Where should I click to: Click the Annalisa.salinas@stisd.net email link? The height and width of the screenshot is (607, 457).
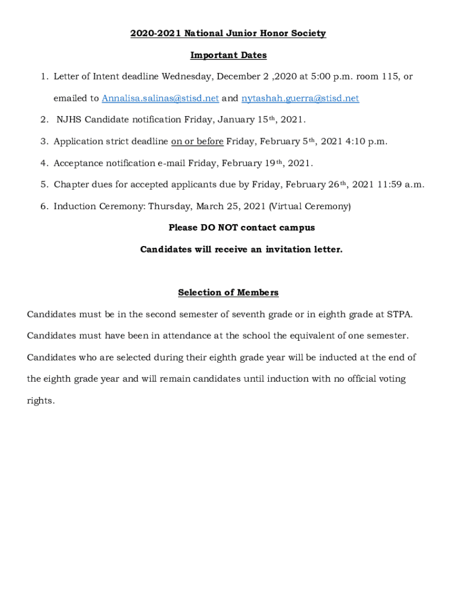pos(160,98)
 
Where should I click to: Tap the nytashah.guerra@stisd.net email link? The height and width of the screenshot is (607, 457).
pos(300,98)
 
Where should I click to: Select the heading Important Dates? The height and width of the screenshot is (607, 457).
pos(228,55)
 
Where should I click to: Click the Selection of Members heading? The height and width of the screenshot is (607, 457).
pos(228,292)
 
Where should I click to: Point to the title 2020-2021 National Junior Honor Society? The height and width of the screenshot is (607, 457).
pos(228,33)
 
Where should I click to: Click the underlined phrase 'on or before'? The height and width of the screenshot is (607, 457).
pos(197,141)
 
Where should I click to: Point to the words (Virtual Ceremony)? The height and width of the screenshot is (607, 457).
pos(310,206)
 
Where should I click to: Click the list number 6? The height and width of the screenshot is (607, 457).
pos(44,206)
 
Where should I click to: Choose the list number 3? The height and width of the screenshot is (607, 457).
pos(44,141)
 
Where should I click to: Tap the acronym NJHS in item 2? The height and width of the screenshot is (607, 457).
pos(69,120)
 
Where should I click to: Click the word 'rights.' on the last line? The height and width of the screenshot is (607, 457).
pos(41,400)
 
